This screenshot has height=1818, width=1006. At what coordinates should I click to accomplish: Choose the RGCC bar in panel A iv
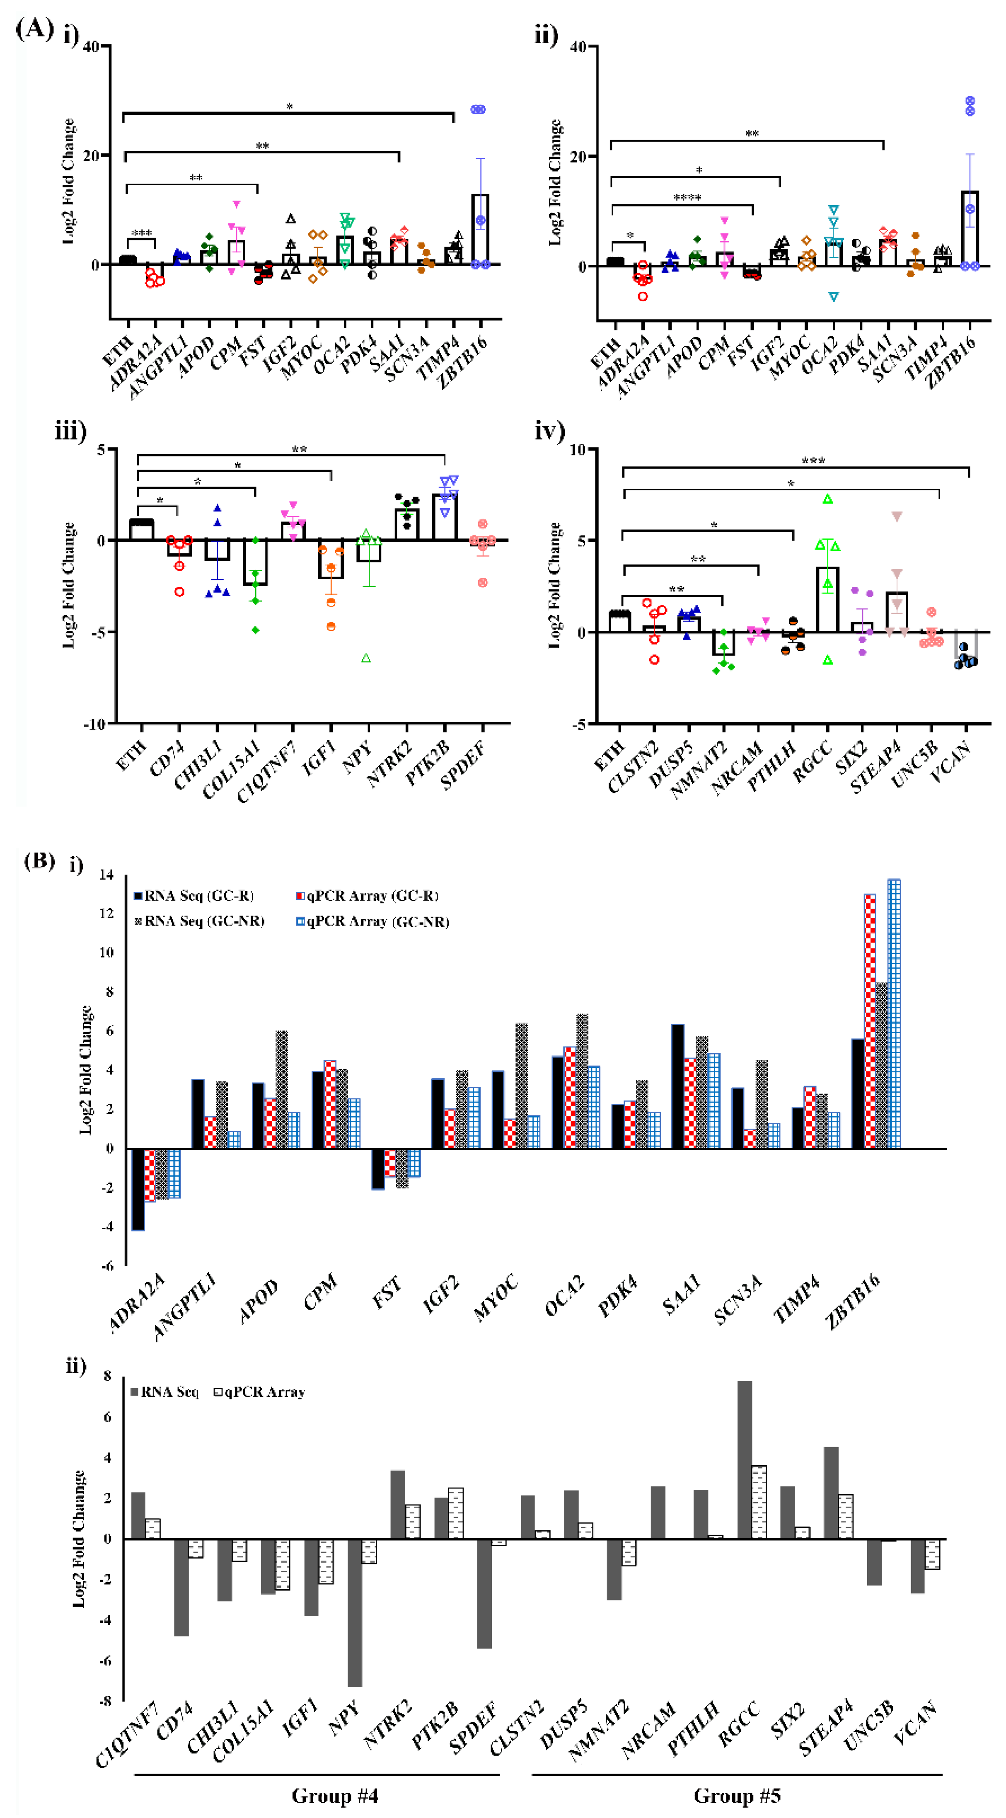[827, 599]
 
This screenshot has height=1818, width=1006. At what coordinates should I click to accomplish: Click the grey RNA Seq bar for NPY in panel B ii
[354, 1613]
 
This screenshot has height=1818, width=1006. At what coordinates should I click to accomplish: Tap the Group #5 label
[737, 1796]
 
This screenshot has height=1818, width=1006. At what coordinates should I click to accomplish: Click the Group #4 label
[335, 1796]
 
